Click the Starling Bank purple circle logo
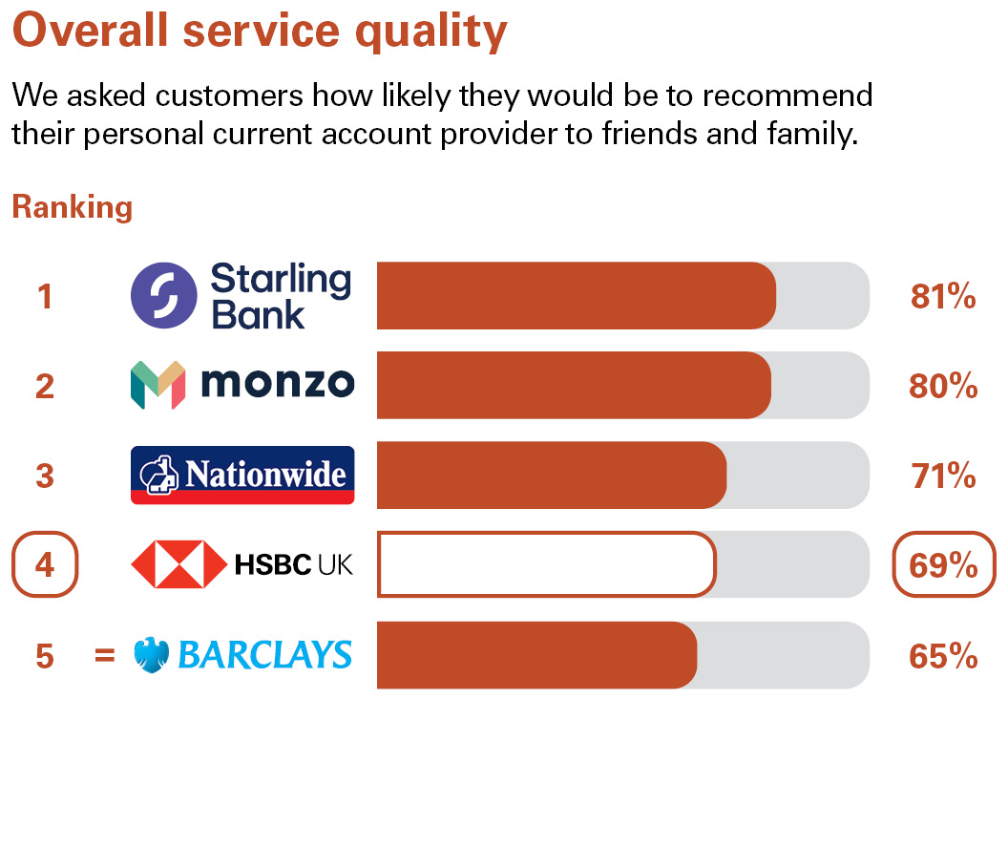click(164, 295)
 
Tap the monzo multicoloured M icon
click(157, 385)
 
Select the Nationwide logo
click(242, 475)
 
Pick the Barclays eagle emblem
click(152, 655)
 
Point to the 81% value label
click(943, 297)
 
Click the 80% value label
click(943, 386)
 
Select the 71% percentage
click(943, 476)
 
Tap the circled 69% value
click(943, 565)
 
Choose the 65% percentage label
click(943, 656)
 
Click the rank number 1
click(45, 297)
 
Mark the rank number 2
click(45, 386)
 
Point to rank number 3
click(45, 476)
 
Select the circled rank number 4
click(45, 565)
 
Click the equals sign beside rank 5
click(105, 656)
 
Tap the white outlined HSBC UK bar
click(546, 564)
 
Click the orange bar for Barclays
click(536, 655)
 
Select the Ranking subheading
click(72, 207)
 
